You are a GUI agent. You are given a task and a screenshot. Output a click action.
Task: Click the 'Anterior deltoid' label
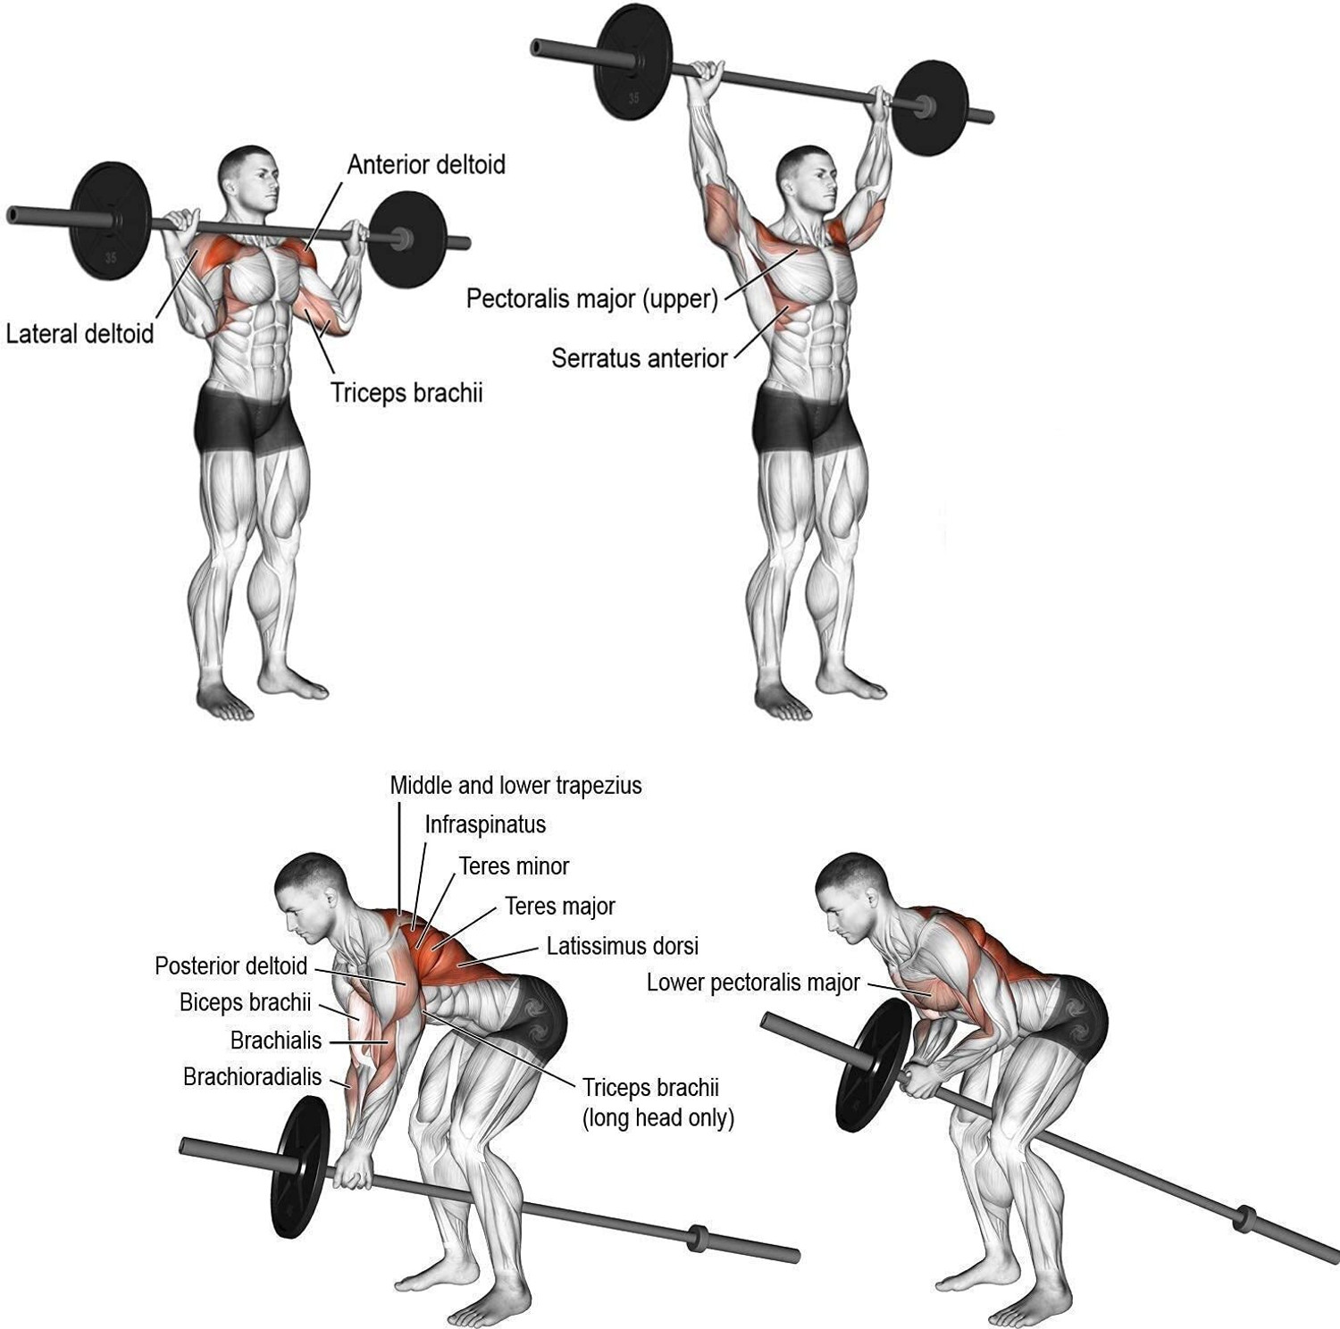click(426, 165)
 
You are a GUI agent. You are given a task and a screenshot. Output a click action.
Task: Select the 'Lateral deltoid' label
click(80, 334)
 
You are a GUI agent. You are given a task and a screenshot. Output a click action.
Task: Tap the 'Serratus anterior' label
click(639, 359)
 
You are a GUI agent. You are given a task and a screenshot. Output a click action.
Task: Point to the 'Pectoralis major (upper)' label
click(592, 298)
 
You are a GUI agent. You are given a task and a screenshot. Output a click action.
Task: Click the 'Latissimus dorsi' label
click(623, 946)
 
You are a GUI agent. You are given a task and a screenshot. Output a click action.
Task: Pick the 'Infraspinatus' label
click(485, 824)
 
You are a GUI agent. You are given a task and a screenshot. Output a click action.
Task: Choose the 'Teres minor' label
click(514, 866)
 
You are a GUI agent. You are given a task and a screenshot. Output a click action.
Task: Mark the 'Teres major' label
click(560, 907)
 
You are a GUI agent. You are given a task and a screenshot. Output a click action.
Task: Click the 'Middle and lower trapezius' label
click(515, 786)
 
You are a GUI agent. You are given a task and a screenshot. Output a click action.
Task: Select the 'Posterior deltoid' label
click(230, 966)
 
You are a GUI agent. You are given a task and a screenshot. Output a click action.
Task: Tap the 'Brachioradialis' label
click(252, 1077)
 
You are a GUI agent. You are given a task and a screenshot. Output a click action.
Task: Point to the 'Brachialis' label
click(275, 1041)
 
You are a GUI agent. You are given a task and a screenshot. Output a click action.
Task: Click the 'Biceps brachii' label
click(245, 1003)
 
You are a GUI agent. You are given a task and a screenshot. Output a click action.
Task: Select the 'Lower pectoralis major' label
click(753, 983)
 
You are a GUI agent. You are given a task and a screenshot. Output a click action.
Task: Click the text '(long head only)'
click(657, 1118)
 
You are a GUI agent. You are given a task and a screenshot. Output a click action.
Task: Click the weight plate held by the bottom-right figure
click(873, 1065)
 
